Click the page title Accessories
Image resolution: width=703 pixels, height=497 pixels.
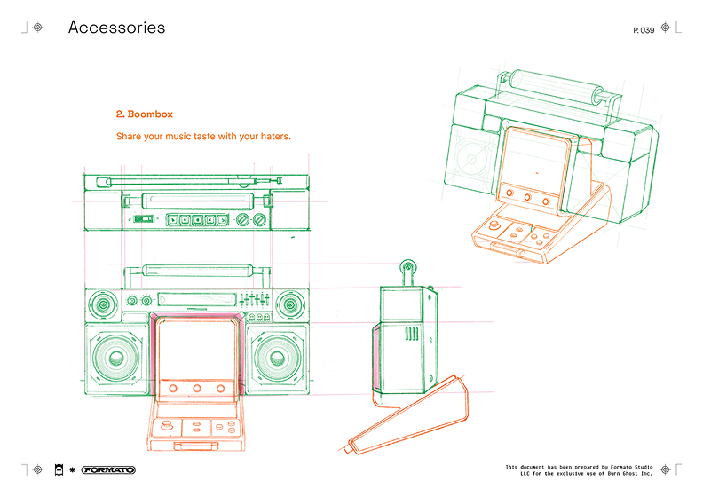click(x=116, y=28)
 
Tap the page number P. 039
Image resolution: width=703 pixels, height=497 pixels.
click(x=644, y=30)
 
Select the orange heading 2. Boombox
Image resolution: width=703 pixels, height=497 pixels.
click(x=145, y=114)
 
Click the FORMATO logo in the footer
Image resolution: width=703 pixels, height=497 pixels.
click(x=108, y=469)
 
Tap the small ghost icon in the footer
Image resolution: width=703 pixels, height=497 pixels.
click(x=59, y=469)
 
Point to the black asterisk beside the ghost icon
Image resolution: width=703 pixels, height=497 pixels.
click(x=72, y=469)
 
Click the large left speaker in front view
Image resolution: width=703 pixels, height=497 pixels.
click(x=116, y=358)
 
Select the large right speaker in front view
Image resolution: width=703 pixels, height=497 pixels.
click(x=277, y=358)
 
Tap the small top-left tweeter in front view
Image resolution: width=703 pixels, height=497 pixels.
click(x=104, y=304)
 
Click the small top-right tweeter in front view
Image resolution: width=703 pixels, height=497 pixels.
click(x=290, y=304)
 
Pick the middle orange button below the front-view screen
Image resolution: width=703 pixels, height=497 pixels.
click(x=197, y=388)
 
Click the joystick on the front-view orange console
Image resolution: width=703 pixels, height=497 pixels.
click(x=166, y=425)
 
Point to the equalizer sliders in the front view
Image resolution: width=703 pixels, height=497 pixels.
click(x=254, y=299)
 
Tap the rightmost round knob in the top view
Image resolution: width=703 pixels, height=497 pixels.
click(x=259, y=219)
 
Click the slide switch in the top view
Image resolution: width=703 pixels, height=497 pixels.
click(x=144, y=219)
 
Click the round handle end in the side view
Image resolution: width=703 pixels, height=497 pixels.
click(x=407, y=265)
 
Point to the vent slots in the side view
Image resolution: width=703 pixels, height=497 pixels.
click(x=412, y=334)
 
